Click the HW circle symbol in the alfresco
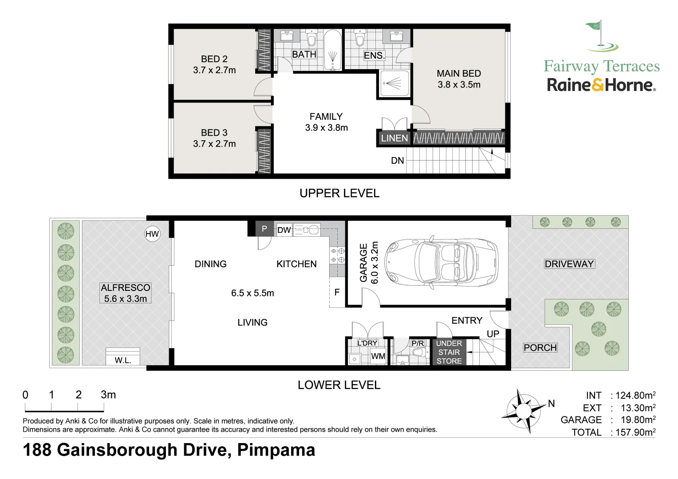click(152, 234)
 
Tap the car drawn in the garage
click(441, 262)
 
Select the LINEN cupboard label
click(394, 138)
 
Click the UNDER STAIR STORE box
click(449, 352)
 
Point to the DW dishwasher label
click(284, 230)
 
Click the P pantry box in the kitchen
click(264, 229)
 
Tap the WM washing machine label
click(378, 356)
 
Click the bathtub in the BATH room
click(332, 50)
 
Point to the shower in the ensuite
click(394, 83)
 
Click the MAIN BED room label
click(459, 79)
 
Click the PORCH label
click(540, 348)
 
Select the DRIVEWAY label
click(569, 264)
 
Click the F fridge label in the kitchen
click(337, 292)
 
